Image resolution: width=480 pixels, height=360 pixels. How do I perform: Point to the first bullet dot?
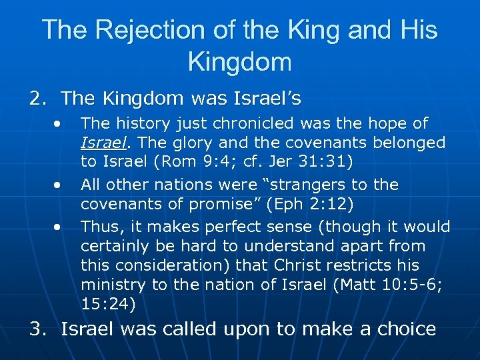(59, 123)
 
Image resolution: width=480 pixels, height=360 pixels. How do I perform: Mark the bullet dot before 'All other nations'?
(59, 185)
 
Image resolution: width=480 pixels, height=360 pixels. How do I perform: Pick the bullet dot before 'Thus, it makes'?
(59, 226)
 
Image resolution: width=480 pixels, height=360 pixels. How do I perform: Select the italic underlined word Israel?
(99, 143)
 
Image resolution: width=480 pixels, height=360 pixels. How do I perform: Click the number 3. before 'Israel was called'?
(37, 329)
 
